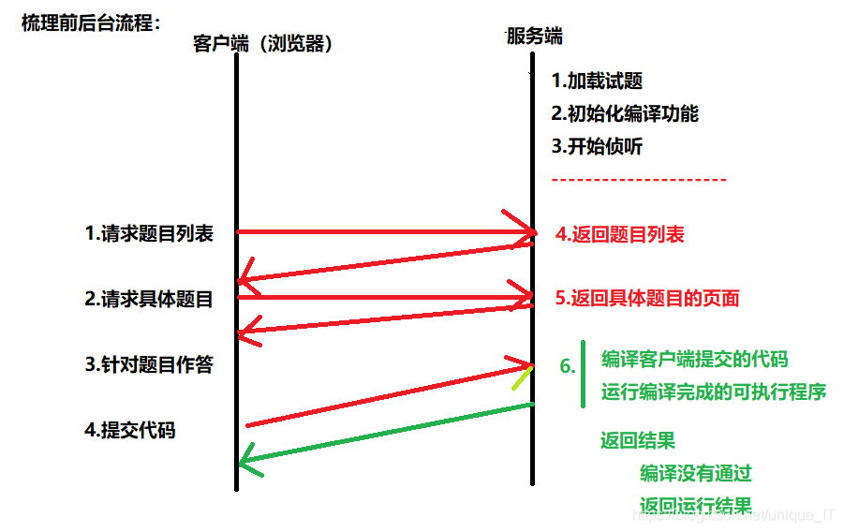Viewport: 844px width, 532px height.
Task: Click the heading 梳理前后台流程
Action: click(x=92, y=22)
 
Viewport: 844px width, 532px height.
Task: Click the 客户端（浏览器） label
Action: click(x=263, y=43)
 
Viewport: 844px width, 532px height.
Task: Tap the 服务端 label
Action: click(x=535, y=37)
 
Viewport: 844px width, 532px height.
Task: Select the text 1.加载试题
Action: click(x=597, y=81)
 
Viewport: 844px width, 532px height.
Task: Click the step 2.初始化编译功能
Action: click(x=625, y=114)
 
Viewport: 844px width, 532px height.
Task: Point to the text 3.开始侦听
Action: click(x=597, y=146)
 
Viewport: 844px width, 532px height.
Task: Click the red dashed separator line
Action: click(x=639, y=179)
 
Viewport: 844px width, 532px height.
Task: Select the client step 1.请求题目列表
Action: click(x=149, y=234)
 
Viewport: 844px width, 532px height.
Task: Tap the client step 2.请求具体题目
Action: click(x=149, y=300)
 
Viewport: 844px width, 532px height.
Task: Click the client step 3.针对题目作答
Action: click(x=149, y=365)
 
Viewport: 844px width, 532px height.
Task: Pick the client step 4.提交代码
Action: click(x=130, y=431)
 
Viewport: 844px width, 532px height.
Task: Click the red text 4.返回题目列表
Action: click(x=619, y=234)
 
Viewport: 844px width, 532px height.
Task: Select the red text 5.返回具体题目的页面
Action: click(x=647, y=299)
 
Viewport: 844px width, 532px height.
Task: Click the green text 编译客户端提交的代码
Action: click(x=694, y=359)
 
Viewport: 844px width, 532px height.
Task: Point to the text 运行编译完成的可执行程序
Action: click(x=713, y=392)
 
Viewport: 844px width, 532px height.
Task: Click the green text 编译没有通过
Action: click(x=696, y=473)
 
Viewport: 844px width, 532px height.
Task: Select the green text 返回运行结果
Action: click(x=696, y=505)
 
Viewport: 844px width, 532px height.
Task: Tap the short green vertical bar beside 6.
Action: click(x=583, y=375)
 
